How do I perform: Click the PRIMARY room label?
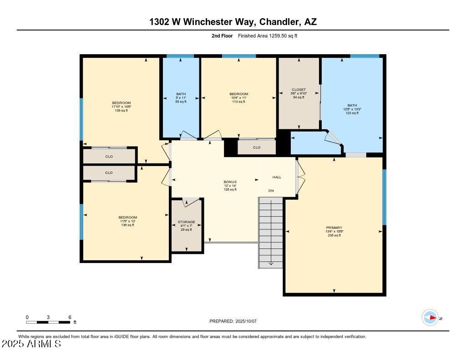334,228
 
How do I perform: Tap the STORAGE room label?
186,222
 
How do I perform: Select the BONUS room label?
230,182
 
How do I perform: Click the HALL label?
277,177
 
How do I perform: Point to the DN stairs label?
271,191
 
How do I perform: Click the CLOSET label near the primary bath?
299,90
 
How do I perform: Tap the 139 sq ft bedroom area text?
122,110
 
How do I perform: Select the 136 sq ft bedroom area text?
127,225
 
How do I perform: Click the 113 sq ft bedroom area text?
238,101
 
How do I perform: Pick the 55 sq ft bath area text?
181,101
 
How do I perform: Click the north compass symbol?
430,318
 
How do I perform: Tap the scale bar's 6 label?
70,317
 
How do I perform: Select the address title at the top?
233,22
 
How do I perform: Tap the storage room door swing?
191,202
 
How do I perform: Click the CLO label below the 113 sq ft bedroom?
257,147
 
